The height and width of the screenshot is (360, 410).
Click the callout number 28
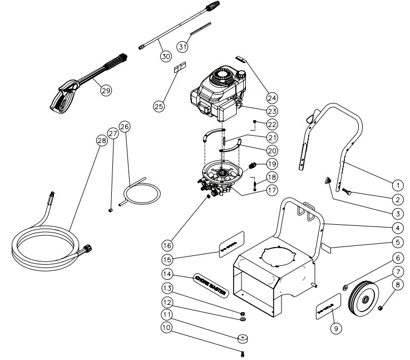101,142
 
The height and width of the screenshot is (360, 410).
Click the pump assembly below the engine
220,178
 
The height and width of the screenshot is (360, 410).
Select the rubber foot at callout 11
243,324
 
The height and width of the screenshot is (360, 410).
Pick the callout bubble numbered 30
165,56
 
